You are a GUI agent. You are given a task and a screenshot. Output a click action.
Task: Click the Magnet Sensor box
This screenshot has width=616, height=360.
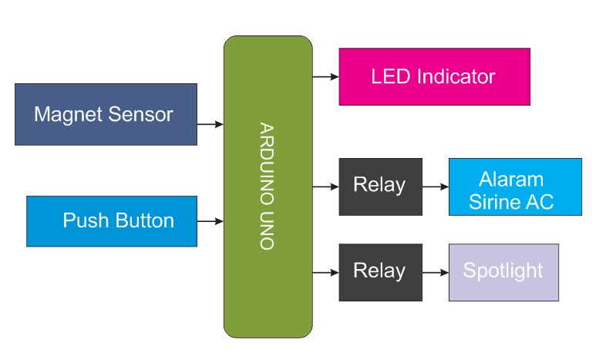pyautogui.click(x=106, y=114)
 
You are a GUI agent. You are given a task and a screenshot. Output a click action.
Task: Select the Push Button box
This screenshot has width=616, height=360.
pyautogui.click(x=112, y=221)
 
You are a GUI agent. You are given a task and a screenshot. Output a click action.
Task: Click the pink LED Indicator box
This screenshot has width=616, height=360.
pyautogui.click(x=434, y=76)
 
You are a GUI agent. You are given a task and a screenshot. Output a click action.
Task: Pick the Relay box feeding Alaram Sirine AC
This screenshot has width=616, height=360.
pyautogui.click(x=380, y=187)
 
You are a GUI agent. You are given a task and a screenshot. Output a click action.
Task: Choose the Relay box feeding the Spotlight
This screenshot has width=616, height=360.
pyautogui.click(x=380, y=272)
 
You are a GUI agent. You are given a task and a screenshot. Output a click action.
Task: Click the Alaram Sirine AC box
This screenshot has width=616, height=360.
pyautogui.click(x=515, y=187)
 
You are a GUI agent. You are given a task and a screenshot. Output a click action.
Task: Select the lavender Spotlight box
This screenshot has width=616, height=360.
pyautogui.click(x=503, y=272)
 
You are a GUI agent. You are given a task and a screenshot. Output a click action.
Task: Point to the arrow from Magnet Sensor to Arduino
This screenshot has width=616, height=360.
pyautogui.click(x=210, y=124)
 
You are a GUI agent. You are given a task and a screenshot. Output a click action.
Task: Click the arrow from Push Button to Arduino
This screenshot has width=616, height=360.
pyautogui.click(x=210, y=221)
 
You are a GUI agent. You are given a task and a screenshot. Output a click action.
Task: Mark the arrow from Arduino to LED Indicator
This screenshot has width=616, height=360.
pyautogui.click(x=325, y=76)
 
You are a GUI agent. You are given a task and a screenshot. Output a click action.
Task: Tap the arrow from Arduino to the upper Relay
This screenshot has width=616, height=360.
pyautogui.click(x=325, y=187)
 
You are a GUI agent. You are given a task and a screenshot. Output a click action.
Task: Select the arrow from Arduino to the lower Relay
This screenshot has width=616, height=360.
pyautogui.click(x=325, y=272)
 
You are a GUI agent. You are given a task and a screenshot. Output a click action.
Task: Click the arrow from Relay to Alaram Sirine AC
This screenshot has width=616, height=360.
pyautogui.click(x=436, y=187)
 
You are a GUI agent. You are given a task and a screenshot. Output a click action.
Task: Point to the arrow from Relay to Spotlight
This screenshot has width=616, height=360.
pyautogui.click(x=436, y=272)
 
